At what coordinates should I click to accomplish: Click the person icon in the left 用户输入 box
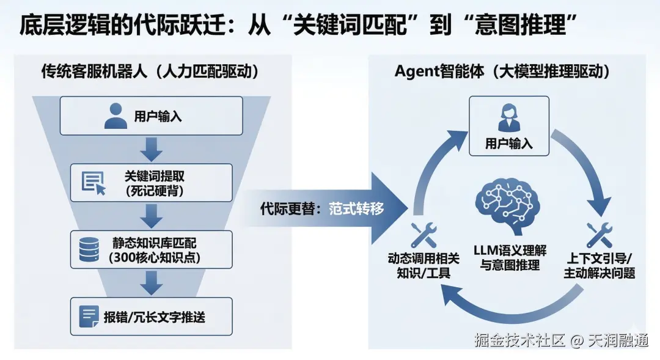point(116,116)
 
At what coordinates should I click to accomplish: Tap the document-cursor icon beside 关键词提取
point(93,183)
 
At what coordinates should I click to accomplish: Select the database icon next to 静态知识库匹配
point(89,249)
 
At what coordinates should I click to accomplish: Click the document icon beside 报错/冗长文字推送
point(89,316)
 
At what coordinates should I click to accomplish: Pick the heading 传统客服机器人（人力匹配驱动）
point(150,72)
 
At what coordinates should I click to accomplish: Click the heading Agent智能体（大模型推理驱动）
point(502,72)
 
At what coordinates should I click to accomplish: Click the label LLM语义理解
point(510,251)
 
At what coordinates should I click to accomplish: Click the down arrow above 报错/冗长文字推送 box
point(151,282)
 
